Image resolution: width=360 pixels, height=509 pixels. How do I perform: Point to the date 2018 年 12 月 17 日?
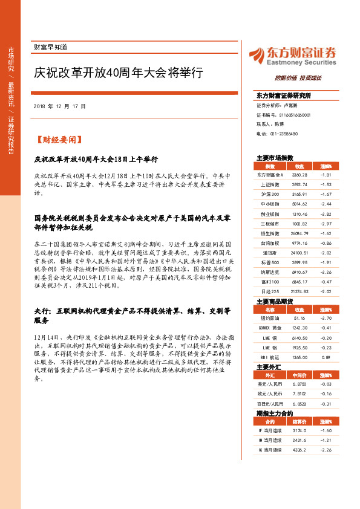(x=60, y=106)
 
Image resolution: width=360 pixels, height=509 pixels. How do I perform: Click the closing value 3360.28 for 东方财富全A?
(x=300, y=174)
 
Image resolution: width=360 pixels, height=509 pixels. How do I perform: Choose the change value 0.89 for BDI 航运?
(x=326, y=357)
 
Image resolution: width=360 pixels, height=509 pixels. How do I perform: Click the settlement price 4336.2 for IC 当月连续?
(x=299, y=450)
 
